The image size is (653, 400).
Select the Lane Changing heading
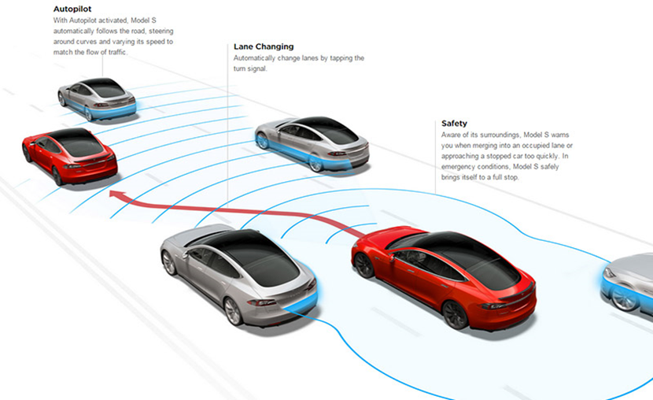pyautogui.click(x=264, y=46)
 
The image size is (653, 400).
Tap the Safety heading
pyautogui.click(x=454, y=124)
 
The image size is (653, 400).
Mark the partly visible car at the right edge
pyautogui.click(x=629, y=283)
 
